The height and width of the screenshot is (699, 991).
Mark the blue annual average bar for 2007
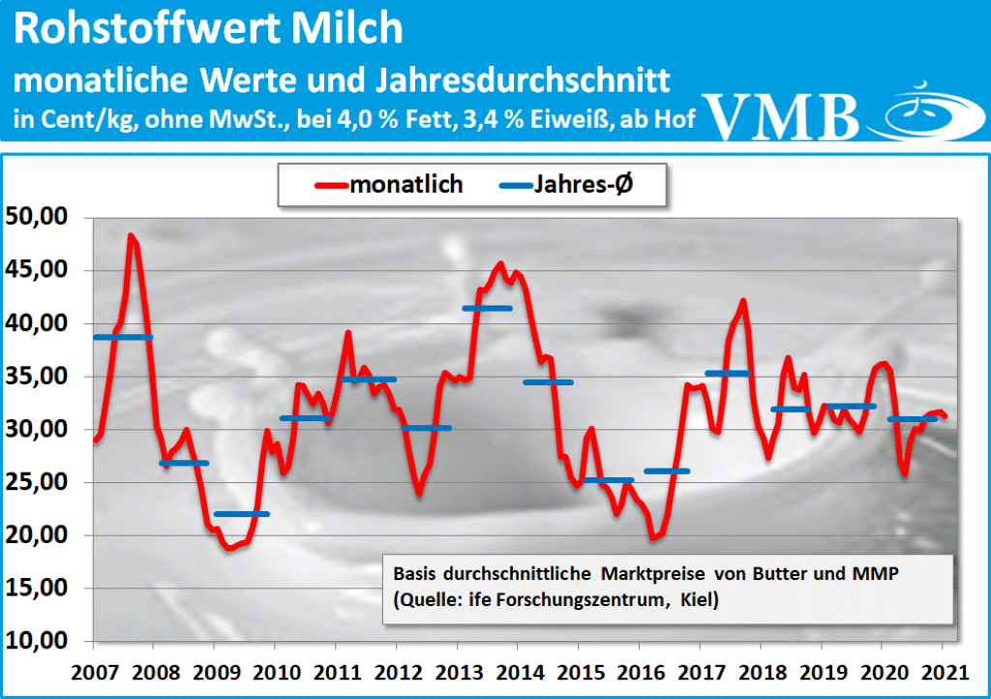click(x=123, y=337)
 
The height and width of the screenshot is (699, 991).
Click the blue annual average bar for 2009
click(x=242, y=513)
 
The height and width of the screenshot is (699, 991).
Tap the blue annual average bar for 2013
click(x=486, y=309)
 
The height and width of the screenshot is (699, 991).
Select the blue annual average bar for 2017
click(x=729, y=374)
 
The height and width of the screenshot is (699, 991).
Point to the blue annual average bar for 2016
click(x=667, y=471)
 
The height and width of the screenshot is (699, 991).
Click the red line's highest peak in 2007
click(x=131, y=235)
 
